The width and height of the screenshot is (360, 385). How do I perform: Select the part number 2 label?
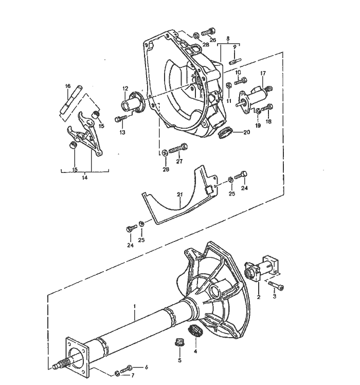(259, 297)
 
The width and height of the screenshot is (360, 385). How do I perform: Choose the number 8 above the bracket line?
(227, 38)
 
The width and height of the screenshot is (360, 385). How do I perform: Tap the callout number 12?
(125, 89)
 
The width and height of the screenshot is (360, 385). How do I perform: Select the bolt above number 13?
(119, 119)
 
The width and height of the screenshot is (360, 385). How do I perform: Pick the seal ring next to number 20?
(224, 133)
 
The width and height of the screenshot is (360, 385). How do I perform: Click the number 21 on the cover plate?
(179, 195)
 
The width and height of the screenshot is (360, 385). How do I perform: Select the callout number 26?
(212, 39)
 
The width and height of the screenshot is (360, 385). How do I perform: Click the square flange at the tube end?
(76, 354)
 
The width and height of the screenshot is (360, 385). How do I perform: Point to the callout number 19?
(258, 125)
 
